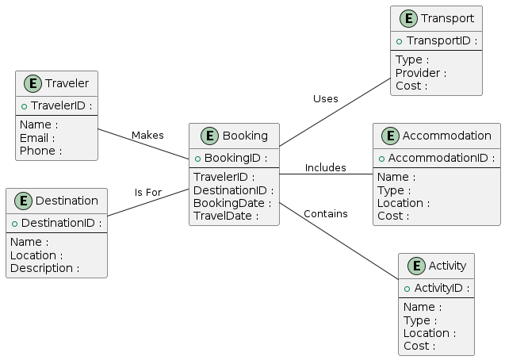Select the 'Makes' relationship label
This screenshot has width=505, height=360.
(147, 136)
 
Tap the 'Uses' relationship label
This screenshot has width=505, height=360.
(325, 99)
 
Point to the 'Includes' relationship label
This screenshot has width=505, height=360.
(325, 168)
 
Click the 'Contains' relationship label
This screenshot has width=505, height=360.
(325, 214)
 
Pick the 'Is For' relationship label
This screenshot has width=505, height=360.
(147, 193)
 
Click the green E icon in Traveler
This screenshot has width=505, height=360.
(32, 83)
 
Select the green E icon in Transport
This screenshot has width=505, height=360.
(407, 19)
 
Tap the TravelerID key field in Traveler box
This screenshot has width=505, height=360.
(60, 105)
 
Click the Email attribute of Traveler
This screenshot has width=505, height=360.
(38, 138)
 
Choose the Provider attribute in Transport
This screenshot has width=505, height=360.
(420, 73)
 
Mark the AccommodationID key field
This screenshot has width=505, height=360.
(441, 158)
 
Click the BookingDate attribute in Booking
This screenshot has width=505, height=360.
(231, 203)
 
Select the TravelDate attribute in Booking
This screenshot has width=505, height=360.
(226, 216)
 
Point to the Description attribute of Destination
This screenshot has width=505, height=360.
(44, 268)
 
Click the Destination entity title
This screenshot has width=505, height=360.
(67, 201)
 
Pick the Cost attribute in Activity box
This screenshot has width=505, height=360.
(419, 346)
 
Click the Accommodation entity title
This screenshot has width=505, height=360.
(446, 136)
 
